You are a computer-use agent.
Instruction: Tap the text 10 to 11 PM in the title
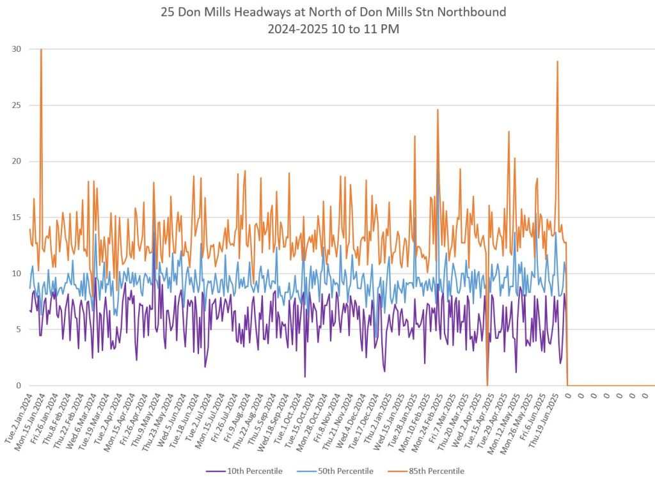(368, 29)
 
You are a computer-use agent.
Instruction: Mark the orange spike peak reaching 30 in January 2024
(41, 50)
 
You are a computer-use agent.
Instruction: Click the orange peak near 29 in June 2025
(557, 61)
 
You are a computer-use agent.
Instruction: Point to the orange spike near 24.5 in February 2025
(438, 110)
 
